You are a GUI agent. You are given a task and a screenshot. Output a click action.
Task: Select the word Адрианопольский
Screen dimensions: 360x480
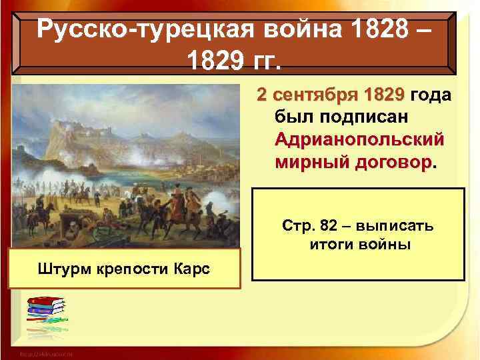(359, 141)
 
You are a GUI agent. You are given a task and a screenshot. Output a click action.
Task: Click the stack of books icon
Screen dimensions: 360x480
(45, 313)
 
